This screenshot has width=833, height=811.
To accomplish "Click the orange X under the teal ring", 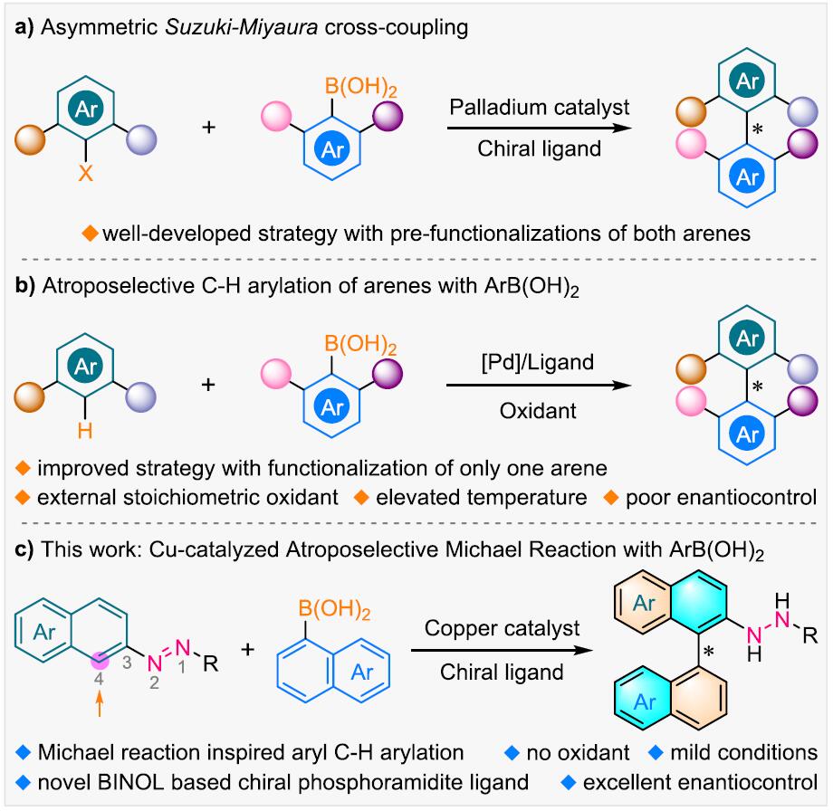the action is tap(85, 173).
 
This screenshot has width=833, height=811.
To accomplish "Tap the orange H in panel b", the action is tap(85, 431).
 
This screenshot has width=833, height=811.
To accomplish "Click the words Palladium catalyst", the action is tap(540, 108).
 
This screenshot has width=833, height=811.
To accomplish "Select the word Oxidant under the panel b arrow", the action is tap(538, 411).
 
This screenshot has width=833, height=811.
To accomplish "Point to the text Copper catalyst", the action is tap(502, 628).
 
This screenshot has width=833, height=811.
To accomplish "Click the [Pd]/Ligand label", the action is tap(538, 362).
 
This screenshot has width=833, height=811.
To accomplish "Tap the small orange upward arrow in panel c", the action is tap(99, 705).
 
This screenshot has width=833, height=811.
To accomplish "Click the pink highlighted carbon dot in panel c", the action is tap(100, 662).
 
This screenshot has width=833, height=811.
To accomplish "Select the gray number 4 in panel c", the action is tap(99, 679).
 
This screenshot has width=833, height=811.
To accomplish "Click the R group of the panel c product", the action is tap(810, 635).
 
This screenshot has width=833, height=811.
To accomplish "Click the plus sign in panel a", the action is tap(209, 127).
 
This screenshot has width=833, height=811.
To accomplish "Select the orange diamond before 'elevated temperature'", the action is tap(361, 498).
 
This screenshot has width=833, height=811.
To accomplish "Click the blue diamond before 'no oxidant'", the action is tap(512, 752).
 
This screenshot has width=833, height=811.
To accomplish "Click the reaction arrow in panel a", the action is tap(540, 128).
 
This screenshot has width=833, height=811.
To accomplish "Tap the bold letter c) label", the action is tap(24, 549).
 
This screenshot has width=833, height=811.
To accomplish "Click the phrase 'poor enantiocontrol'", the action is tap(721, 498).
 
